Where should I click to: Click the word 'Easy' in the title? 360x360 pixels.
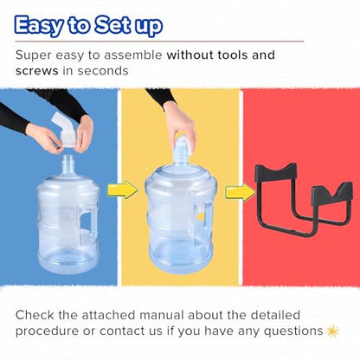[39, 25]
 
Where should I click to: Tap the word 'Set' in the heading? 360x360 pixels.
[112, 24]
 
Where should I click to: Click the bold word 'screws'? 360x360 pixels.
[37, 71]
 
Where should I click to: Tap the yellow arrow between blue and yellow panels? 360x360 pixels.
[123, 190]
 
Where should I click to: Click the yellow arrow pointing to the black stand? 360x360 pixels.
[240, 193]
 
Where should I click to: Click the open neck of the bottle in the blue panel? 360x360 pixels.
[68, 164]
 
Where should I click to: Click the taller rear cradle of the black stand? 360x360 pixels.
[276, 173]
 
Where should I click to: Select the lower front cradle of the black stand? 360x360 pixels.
[331, 195]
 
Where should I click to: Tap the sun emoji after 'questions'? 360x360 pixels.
[332, 331]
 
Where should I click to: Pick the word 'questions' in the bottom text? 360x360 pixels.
[293, 331]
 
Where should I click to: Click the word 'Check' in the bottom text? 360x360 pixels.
[35, 315]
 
